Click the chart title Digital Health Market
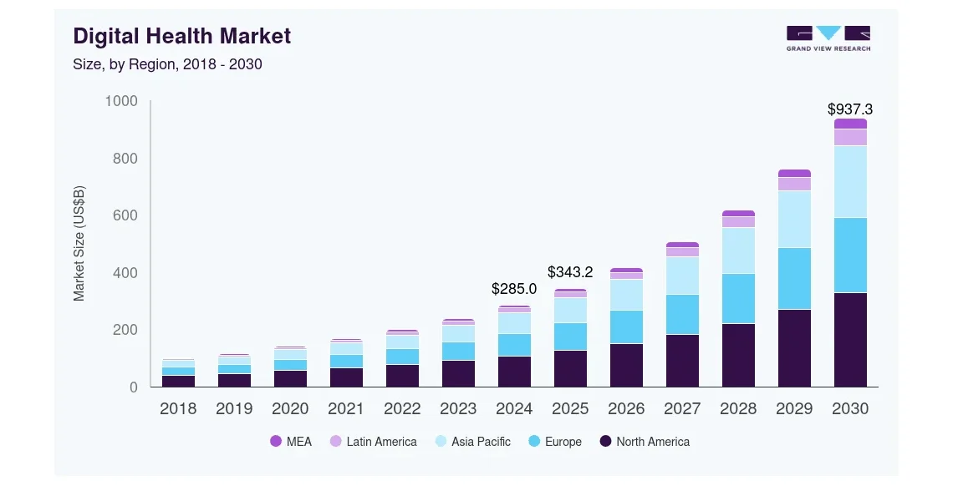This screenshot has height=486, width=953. tap(182, 36)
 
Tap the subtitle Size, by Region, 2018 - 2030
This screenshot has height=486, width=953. tap(168, 64)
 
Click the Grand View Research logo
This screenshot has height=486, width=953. tap(828, 38)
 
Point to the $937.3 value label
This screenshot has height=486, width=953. tap(850, 109)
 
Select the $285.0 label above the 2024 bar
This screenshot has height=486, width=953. tap(514, 289)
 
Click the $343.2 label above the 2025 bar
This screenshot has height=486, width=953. tap(570, 271)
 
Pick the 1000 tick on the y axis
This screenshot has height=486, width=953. tap(120, 101)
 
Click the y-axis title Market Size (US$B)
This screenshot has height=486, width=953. tap(79, 243)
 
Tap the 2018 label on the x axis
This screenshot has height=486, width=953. tap(178, 408)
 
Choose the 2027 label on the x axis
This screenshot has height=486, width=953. tap(682, 408)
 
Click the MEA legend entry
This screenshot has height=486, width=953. tap(291, 442)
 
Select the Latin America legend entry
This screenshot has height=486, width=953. tap(372, 442)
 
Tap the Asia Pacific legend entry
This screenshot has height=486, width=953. tap(472, 442)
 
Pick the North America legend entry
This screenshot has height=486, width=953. tap(645, 442)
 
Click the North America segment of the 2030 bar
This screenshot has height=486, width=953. tap(850, 340)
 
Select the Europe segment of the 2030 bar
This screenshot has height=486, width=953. tap(850, 255)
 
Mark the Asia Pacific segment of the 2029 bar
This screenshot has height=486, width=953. tap(794, 219)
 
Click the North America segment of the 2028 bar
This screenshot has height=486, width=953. tap(738, 355)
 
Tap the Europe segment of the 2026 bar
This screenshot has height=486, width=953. tap(626, 327)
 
